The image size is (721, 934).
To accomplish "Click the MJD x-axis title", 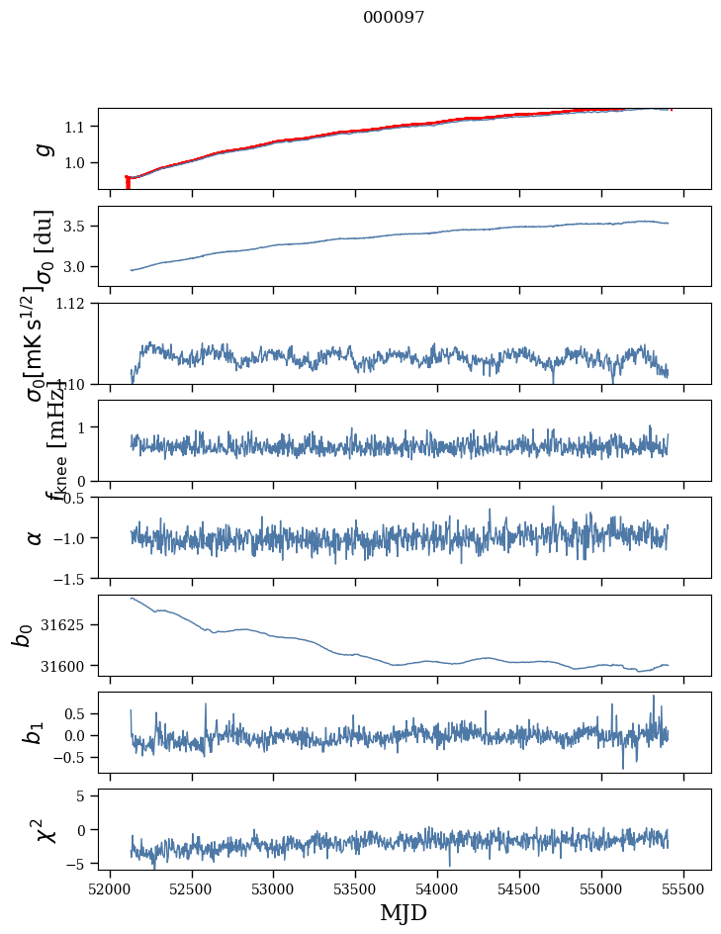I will tap(404, 912).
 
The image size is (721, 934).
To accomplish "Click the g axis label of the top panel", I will tap(42, 148).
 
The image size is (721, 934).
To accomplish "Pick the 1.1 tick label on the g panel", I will tap(79, 127).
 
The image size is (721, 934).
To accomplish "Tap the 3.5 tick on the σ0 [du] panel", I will tap(79, 227).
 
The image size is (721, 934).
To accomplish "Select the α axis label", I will tap(37, 537).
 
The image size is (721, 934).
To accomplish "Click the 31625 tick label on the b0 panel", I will tap(68, 625).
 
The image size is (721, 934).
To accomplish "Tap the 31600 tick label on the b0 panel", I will tap(68, 666).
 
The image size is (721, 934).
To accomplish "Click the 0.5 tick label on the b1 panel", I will tap(79, 713).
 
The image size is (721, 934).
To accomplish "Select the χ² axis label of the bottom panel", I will tap(44, 829).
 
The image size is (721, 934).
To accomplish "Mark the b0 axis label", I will tap(23, 635).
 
